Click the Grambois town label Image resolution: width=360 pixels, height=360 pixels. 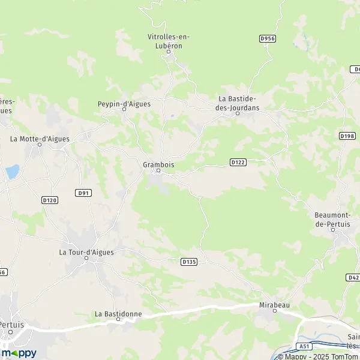[x=158, y=163]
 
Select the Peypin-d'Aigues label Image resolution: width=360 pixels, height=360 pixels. [x=124, y=104]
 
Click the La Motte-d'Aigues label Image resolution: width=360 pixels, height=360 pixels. [x=40, y=139]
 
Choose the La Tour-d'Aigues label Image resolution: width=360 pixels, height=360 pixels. [x=86, y=252]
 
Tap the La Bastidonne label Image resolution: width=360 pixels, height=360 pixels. [x=118, y=313]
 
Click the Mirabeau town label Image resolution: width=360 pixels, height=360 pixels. [x=274, y=305]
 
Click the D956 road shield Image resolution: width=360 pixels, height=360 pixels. [x=267, y=38]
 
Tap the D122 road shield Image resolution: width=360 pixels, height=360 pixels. [x=238, y=162]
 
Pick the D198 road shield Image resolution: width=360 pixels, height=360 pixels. [x=347, y=136]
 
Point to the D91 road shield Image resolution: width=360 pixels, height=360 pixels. [x=84, y=193]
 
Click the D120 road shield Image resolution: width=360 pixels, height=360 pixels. [x=49, y=200]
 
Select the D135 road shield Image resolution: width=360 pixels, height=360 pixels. [x=188, y=261]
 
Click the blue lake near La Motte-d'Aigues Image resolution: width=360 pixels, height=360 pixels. [x=12, y=172]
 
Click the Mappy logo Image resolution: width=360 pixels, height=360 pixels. [x=19, y=352]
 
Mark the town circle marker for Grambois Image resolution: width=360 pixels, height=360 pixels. [x=158, y=171]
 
